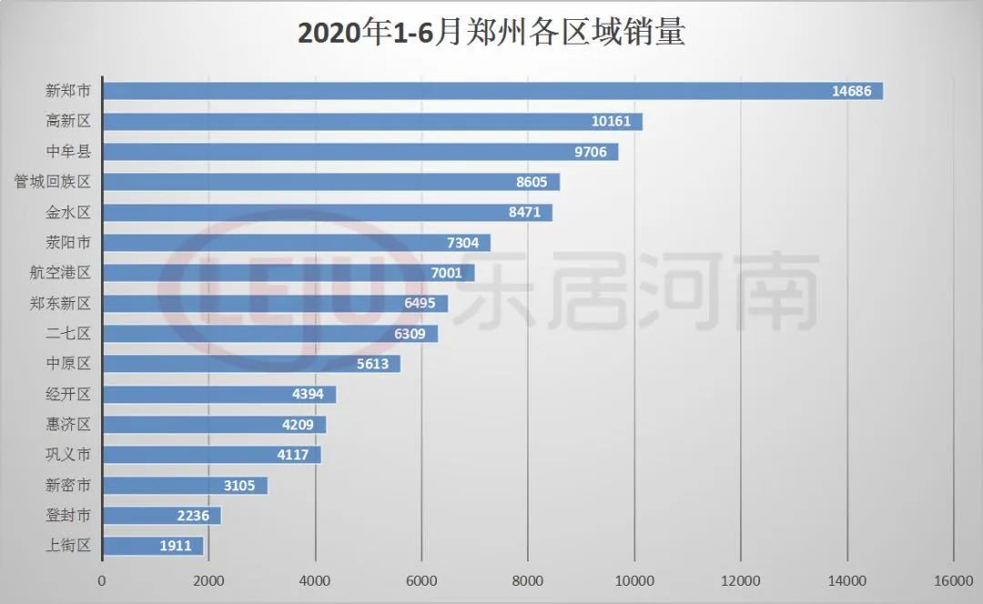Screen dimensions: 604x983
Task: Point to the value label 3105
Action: click(240, 486)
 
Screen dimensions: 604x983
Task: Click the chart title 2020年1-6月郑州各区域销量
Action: click(491, 34)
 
